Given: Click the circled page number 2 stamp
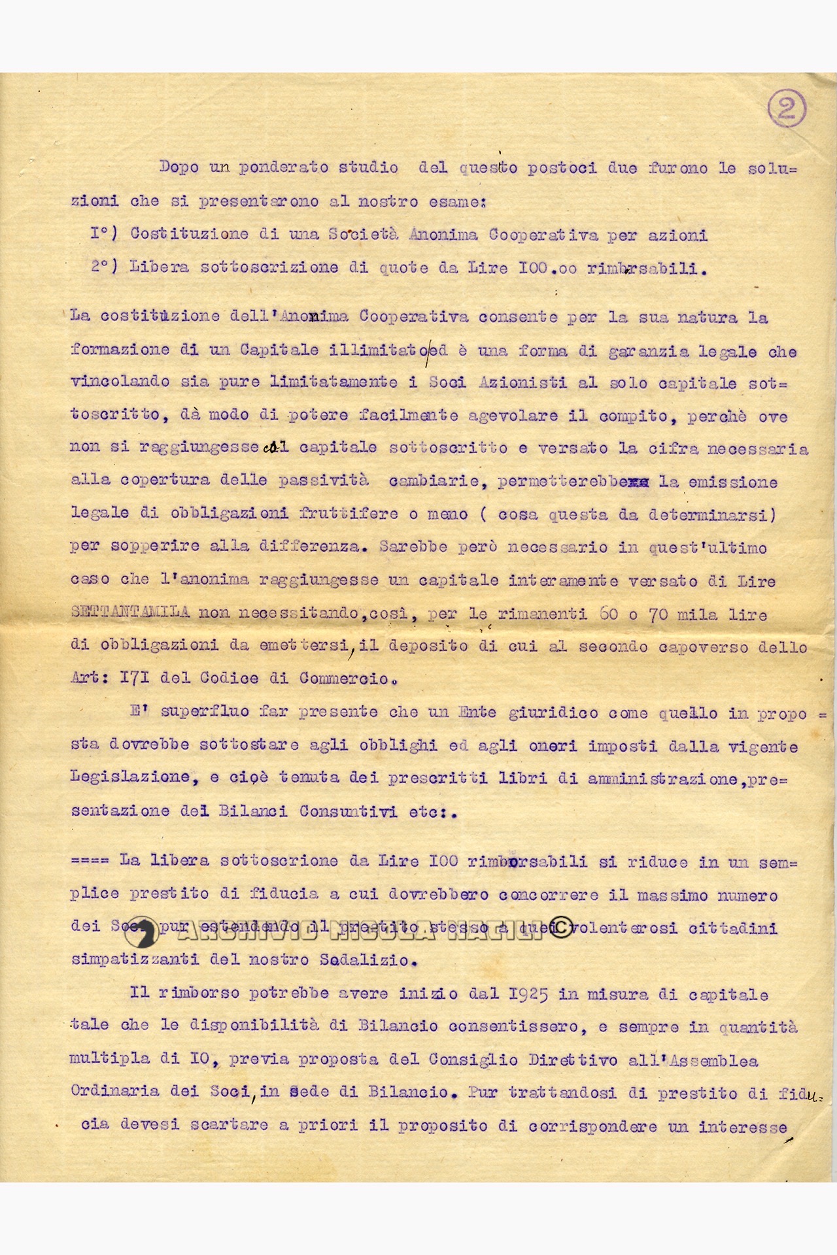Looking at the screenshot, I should (x=786, y=109).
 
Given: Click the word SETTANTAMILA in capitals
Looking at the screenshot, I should (x=130, y=612).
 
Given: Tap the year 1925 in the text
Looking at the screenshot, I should (x=528, y=994).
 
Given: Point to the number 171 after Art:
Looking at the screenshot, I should (x=135, y=678).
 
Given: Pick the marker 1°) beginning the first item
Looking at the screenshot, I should (x=105, y=233).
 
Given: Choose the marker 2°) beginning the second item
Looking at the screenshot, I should (x=105, y=266).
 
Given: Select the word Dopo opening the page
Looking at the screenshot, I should (x=179, y=167).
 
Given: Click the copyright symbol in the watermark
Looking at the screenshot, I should (x=560, y=928).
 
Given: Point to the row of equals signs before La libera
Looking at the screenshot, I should (x=90, y=861).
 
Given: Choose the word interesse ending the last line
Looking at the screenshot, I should (x=742, y=1127).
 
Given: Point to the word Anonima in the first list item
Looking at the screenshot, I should (x=443, y=235).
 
